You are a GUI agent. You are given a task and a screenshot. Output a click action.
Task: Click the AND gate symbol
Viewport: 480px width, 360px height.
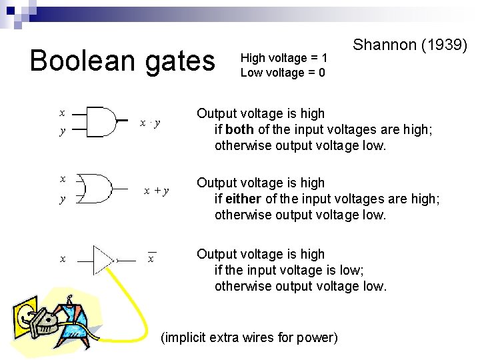100,122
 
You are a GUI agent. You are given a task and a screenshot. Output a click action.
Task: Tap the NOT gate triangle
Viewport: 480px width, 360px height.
103,259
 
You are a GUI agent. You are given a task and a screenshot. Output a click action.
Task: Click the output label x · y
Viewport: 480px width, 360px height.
151,123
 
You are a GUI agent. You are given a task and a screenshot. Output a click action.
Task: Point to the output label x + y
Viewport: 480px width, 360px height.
157,191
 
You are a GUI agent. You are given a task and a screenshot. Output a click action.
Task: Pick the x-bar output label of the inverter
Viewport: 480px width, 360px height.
151,258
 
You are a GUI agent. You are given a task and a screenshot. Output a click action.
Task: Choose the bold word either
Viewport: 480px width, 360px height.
241,199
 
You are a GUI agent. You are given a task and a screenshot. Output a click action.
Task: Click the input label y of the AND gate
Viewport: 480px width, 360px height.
63,131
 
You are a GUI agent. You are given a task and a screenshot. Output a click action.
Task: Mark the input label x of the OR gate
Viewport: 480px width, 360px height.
63,179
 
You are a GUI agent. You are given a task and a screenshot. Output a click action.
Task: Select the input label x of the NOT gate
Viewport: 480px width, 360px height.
63,259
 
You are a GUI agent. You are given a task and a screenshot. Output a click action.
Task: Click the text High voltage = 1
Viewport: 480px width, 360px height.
283,58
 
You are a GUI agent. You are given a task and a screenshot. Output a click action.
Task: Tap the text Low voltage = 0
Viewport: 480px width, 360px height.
283,73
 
